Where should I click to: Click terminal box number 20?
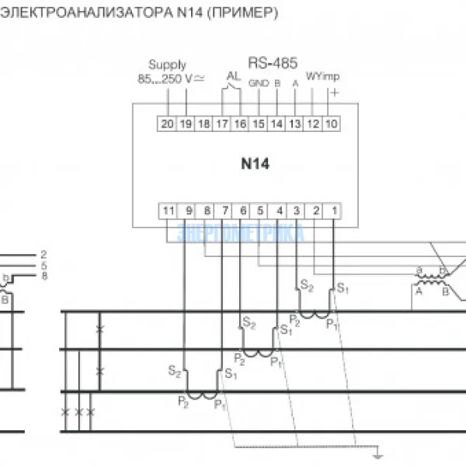167,123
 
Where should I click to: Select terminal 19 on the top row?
186,123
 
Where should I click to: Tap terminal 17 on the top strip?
222,123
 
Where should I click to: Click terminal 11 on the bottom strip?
169,210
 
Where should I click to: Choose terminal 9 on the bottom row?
189,210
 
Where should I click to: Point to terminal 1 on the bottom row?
333,210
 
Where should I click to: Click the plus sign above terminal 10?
335,91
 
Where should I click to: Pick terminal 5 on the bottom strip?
261,210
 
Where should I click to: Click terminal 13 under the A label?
294,123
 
